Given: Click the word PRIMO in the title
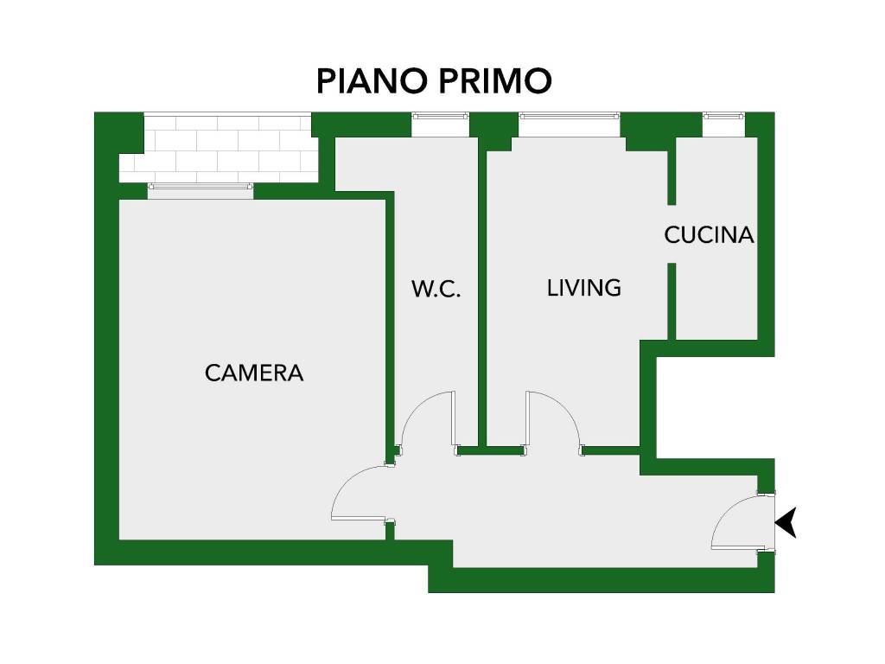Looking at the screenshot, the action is coord(495,80).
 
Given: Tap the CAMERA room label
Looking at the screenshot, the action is coord(254,373).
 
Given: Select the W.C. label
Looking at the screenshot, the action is coord(436,289).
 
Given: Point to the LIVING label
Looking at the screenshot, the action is coord(583,288).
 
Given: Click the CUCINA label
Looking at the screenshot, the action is coord(709,235).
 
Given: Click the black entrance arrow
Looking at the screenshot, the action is coord(786,522).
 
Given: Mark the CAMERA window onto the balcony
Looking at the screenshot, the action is coord(201,190).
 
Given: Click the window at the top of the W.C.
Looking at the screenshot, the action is coord(440,124).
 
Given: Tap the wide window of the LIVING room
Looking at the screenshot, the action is coord(569,124).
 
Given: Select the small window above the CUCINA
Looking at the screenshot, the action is coord(723,124).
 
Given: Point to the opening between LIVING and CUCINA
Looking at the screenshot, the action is coord(672,233).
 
